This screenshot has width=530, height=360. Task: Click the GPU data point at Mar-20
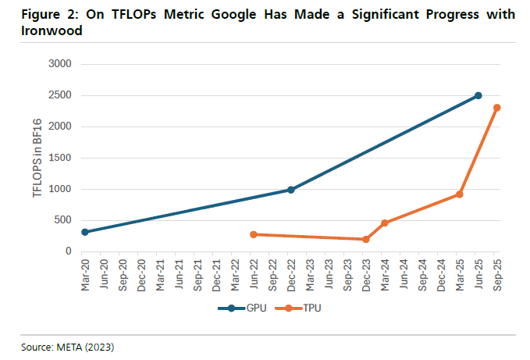click(85, 232)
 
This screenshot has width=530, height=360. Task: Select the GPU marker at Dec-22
click(291, 190)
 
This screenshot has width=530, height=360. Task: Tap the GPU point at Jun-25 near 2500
click(478, 95)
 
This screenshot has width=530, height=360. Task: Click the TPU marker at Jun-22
click(254, 234)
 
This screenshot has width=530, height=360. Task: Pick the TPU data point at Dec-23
click(366, 239)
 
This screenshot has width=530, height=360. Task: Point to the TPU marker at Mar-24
click(385, 223)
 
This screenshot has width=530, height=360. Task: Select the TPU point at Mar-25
click(460, 194)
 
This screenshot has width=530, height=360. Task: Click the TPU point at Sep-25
click(497, 108)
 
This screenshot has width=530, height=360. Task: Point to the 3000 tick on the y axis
click(60, 64)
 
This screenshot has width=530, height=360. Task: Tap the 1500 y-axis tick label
click(60, 158)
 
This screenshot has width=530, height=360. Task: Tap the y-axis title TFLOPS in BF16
click(37, 158)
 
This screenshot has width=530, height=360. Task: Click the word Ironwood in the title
click(47, 30)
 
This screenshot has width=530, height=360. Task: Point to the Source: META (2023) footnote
click(69, 344)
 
